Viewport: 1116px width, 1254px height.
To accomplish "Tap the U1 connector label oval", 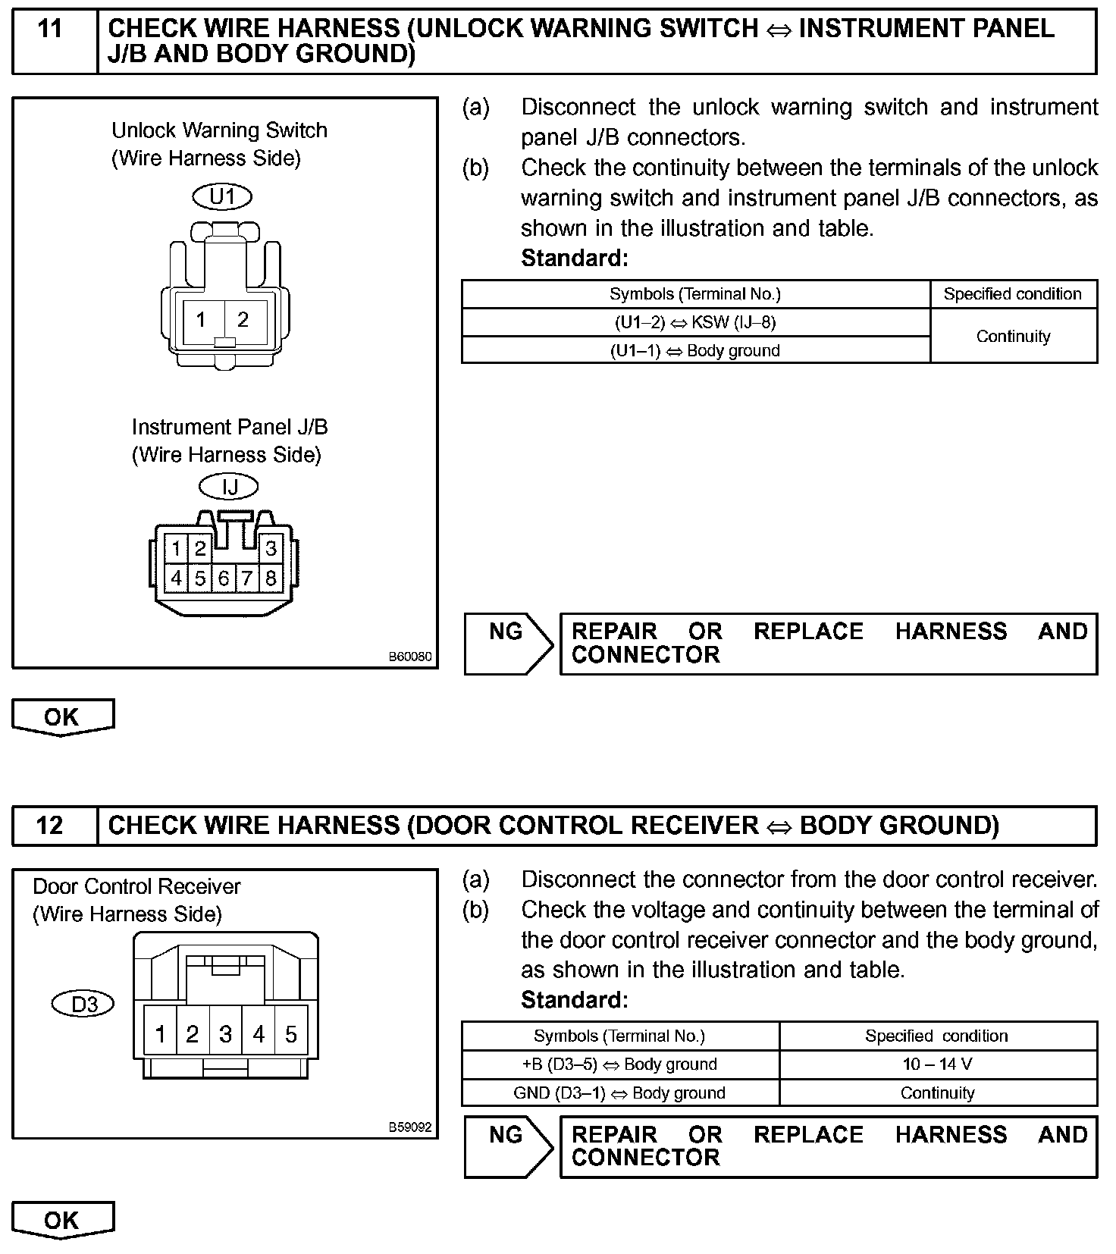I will point(222,197).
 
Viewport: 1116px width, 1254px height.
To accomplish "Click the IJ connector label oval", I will point(228,486).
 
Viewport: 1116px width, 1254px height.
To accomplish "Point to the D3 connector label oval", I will point(83,1005).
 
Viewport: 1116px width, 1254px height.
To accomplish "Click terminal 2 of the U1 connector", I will point(243,320).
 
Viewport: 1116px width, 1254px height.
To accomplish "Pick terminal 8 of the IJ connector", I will point(271,578).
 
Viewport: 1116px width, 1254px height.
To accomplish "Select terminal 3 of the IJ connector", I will point(271,547).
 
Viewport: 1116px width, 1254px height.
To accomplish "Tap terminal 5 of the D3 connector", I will point(291,1033).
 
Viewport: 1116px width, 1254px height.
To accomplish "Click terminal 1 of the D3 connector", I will point(160,1033).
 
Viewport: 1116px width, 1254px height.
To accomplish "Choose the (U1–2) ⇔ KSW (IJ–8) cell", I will point(695,322).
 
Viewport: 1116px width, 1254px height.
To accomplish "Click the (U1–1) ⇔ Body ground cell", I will point(695,350).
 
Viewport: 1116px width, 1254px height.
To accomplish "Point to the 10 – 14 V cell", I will point(937,1064).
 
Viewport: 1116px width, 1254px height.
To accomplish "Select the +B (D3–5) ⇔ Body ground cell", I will point(619,1064).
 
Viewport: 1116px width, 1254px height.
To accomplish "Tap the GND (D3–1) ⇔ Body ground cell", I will point(619,1093).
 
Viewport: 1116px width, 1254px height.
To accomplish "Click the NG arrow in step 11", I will point(509,643).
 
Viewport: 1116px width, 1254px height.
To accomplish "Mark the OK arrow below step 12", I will point(63,1221).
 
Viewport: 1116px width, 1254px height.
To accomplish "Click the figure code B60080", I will point(410,657).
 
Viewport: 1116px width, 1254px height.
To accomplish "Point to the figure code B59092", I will point(410,1127).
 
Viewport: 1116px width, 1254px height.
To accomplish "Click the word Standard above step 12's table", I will point(574,1001).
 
